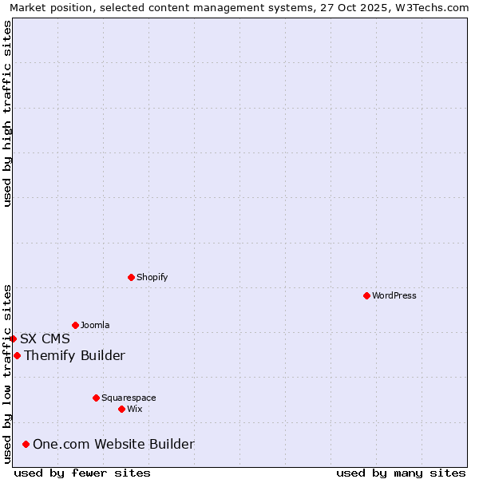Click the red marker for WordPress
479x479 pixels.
[x=366, y=295]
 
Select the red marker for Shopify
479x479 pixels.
[x=131, y=277]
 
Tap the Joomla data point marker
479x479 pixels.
[x=75, y=325]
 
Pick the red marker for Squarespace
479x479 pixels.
[x=96, y=398]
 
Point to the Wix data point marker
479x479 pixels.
[x=121, y=409]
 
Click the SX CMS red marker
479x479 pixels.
[x=13, y=338]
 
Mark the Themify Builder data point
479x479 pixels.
[x=17, y=355]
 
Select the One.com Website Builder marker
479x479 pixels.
[x=26, y=444]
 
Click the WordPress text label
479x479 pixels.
[x=394, y=295]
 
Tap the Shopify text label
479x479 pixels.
[x=152, y=277]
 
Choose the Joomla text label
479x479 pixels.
[x=95, y=325]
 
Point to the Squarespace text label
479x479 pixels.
[x=129, y=398]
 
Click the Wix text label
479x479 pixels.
[x=134, y=409]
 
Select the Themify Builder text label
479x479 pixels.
[x=74, y=355]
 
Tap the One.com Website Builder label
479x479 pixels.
[x=113, y=444]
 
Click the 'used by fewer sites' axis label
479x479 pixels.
[x=82, y=473]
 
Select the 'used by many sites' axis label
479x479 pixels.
[x=401, y=473]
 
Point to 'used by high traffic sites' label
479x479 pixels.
[x=7, y=113]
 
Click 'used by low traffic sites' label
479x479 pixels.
[x=7, y=373]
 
